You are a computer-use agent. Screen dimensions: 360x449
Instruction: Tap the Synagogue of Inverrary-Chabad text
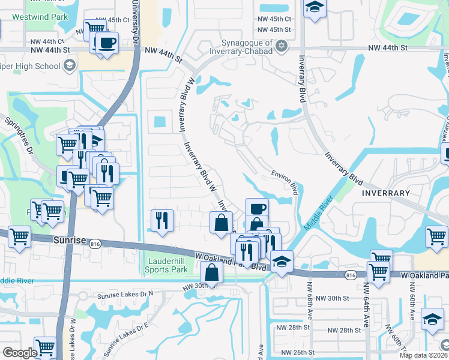coord(246,47)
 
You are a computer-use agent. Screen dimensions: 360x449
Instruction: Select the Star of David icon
coord(282,46)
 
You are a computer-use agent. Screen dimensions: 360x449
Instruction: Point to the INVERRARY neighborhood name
coord(385,193)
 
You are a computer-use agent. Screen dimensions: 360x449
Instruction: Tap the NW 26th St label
coord(292,352)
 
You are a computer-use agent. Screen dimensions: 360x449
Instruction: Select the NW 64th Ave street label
coord(364,302)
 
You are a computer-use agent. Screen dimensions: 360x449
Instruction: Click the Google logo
coord(20,353)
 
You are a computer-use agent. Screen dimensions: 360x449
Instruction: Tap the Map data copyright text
coord(424,355)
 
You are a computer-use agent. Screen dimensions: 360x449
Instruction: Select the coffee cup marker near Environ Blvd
coord(257,209)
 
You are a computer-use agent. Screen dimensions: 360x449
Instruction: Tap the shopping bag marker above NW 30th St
coord(212,272)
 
